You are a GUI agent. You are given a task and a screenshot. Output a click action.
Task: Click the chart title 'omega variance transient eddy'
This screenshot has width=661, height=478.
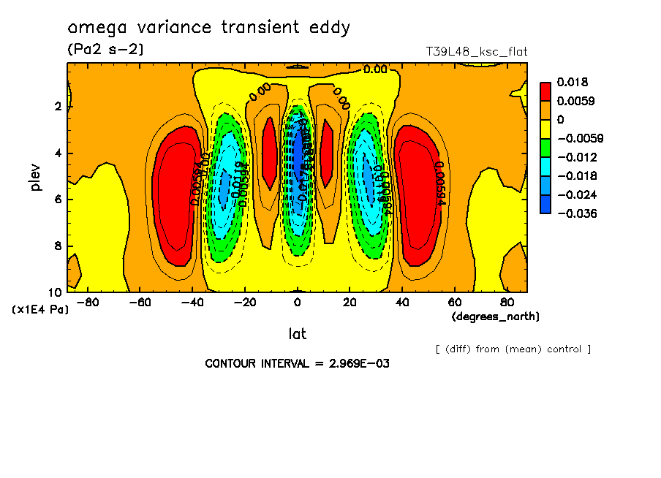(209, 28)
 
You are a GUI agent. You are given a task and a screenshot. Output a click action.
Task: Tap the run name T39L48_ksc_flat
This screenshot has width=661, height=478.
(476, 52)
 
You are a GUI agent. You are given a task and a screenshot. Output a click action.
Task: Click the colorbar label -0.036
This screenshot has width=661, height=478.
(578, 213)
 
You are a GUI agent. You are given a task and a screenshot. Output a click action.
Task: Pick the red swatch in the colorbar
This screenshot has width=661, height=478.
(545, 91)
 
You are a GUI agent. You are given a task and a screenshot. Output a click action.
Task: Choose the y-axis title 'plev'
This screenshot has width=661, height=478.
(37, 177)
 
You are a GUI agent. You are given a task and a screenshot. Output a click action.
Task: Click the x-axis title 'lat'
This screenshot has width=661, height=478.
(297, 334)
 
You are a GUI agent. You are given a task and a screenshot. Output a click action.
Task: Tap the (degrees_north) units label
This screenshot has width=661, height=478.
(496, 316)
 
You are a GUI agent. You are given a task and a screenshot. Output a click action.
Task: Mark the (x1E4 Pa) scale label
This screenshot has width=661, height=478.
(41, 310)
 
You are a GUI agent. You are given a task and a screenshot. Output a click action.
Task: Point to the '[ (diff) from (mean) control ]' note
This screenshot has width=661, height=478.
(513, 349)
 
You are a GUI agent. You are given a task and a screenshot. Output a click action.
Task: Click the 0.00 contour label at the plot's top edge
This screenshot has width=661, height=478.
(375, 69)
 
